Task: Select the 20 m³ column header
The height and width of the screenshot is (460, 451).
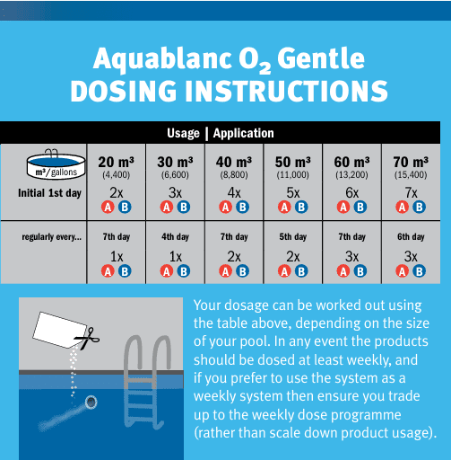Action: tap(117, 162)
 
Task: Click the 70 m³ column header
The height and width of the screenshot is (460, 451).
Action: tap(412, 162)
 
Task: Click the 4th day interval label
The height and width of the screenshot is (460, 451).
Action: tap(175, 237)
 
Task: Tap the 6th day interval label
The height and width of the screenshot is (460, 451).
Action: tap(412, 237)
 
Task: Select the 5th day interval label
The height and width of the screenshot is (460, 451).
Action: tap(293, 237)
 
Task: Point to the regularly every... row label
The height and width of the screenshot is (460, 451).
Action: tap(52, 237)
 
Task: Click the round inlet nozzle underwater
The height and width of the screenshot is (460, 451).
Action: tap(90, 403)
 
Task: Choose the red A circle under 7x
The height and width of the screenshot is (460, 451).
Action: tap(403, 208)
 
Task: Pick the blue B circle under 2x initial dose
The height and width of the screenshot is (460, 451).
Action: tap(125, 208)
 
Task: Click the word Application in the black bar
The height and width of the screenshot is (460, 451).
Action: tap(244, 133)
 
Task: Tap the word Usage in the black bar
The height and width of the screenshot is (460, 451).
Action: tap(184, 133)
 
